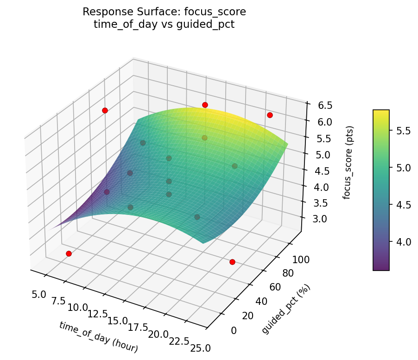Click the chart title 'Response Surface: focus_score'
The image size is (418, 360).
164,12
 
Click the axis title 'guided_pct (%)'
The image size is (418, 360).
286,309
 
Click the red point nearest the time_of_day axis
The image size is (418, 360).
69,253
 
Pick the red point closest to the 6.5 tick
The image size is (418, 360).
270,115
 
